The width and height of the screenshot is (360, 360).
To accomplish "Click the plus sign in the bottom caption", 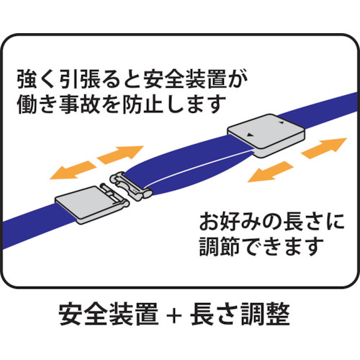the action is (174, 315).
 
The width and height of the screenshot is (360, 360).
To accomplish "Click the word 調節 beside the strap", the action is (220, 246).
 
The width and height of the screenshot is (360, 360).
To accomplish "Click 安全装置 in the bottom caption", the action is (109, 315).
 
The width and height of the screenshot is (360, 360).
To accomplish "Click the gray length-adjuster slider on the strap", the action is (266, 135).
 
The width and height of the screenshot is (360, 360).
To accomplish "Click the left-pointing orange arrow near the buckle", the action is (73, 170).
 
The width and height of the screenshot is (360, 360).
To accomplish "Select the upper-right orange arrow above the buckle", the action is (120, 155).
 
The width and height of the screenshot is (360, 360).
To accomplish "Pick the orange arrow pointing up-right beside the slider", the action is (324, 148).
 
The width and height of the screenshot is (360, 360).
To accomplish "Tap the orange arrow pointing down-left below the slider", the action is (271, 172).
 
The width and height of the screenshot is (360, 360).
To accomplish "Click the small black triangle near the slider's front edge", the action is (251, 135).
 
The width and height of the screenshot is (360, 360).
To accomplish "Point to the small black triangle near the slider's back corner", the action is (282, 122).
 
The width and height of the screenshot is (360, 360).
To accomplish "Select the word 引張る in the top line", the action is (89, 78).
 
